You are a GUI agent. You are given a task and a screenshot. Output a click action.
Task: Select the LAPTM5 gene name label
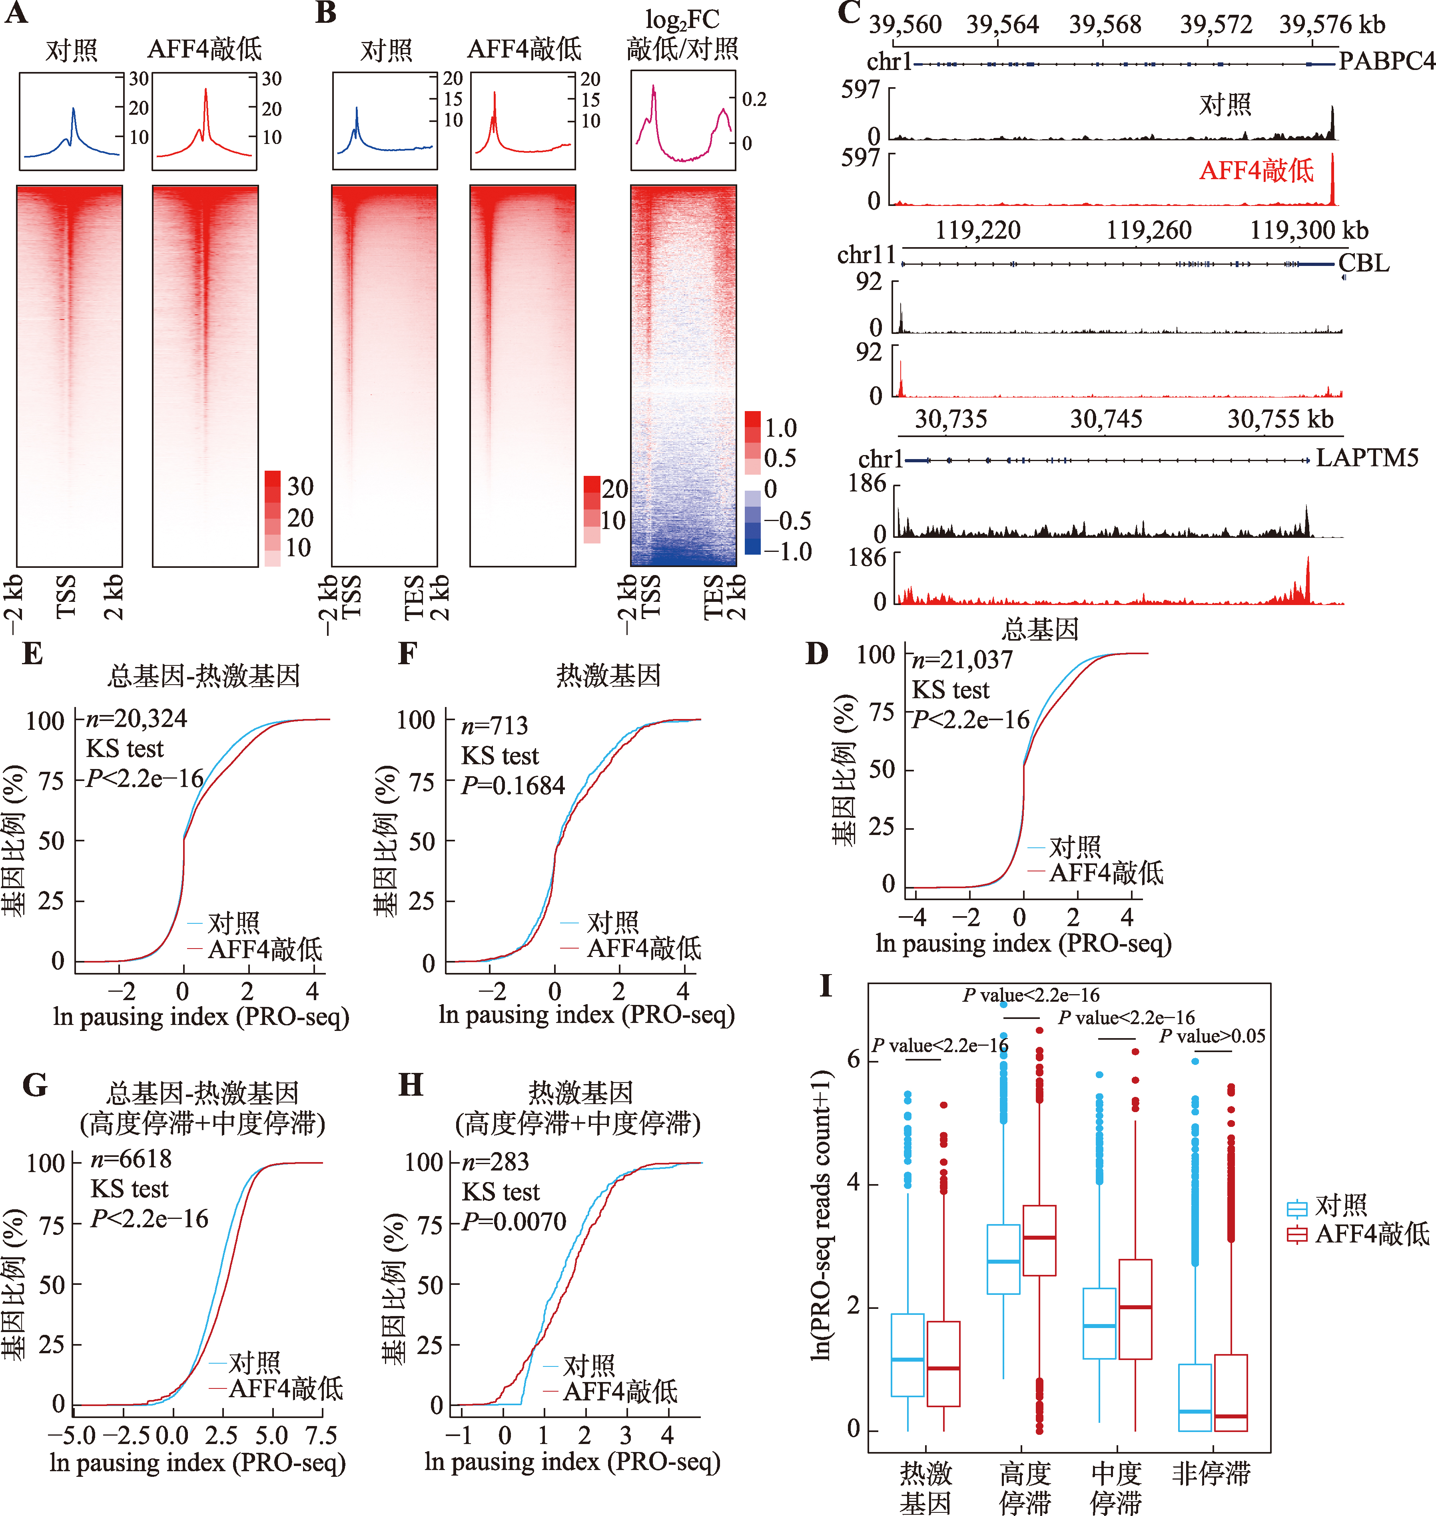coord(1367,458)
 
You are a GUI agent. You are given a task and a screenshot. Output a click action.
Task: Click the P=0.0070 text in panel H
coord(514,1221)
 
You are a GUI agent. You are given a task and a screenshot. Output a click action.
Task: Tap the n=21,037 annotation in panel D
coord(962,659)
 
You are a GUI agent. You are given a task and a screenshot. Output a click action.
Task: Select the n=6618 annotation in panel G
coord(131,1159)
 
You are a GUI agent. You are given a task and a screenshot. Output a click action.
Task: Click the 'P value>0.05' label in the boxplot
coord(1212,1036)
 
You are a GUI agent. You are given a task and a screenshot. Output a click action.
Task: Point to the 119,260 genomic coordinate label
coord(1148,230)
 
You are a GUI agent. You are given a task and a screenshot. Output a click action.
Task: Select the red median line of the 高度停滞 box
coord(1039,1237)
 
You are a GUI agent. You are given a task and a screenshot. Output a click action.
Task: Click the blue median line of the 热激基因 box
coord(907,1359)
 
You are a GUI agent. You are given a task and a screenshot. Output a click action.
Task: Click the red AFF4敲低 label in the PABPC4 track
coord(1256,170)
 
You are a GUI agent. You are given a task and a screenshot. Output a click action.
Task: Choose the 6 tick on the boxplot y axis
coord(853,1060)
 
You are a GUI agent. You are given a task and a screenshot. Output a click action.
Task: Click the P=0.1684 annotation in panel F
coord(513,785)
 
